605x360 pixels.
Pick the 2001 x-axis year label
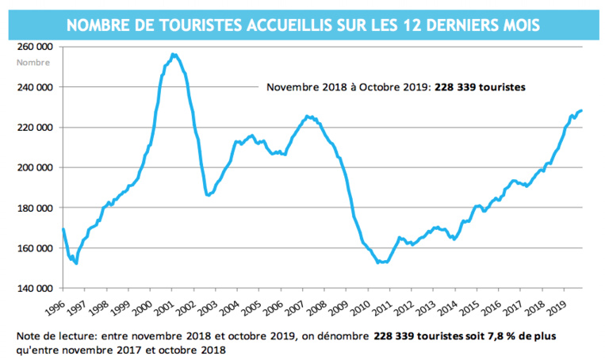pos(164,305)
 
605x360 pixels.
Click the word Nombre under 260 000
pos(33,63)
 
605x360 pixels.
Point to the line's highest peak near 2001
pos(173,54)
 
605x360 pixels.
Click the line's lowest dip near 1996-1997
pos(76,262)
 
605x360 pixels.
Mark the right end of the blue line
pos(581,110)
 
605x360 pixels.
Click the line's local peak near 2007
pos(308,117)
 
